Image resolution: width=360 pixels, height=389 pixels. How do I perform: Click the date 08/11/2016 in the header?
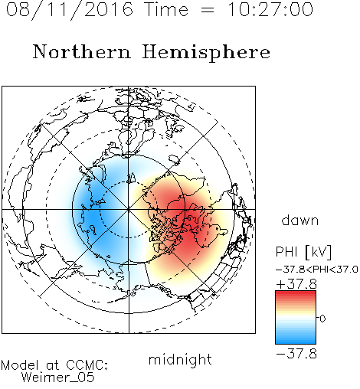point(70,10)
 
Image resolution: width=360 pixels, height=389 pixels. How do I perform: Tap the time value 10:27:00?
point(270,10)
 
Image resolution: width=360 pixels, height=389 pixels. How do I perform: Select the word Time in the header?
point(166,10)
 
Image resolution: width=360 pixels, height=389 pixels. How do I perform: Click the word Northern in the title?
point(82,52)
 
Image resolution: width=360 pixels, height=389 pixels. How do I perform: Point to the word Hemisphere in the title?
point(206,53)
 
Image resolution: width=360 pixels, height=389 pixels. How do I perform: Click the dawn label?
point(300,221)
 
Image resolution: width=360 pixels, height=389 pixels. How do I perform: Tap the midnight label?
point(180,359)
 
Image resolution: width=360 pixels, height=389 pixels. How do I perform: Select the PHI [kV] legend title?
point(303,252)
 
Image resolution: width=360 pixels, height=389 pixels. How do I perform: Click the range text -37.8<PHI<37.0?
point(317,270)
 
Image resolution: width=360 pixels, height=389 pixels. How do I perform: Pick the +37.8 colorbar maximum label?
point(296,284)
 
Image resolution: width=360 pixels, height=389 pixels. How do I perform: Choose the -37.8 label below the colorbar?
point(296,354)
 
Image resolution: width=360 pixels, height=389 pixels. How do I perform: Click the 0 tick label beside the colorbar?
point(322,319)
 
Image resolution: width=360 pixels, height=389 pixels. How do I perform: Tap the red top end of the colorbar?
point(296,293)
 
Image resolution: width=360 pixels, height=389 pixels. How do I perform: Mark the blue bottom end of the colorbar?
point(296,342)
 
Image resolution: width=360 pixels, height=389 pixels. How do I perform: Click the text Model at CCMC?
point(54,365)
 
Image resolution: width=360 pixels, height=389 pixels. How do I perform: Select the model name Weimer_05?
point(58,378)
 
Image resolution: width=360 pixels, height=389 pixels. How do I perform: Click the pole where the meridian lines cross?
point(129,209)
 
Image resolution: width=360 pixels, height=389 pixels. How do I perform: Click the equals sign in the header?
point(208,11)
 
